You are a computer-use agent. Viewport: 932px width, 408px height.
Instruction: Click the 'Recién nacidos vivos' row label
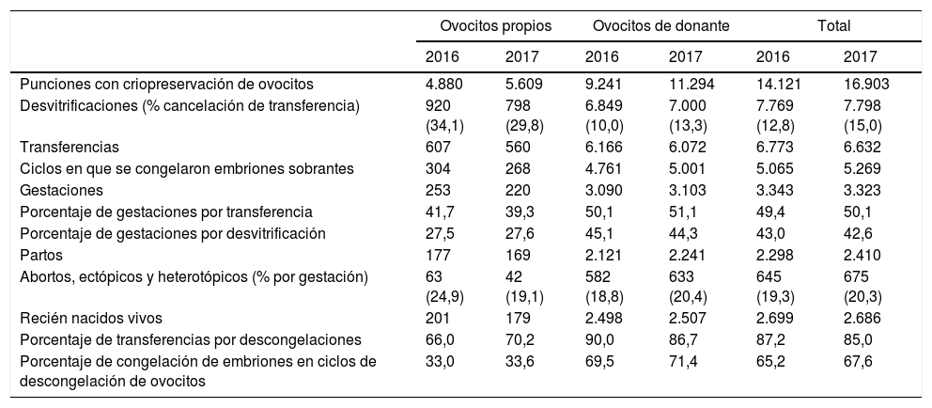[x=85, y=317]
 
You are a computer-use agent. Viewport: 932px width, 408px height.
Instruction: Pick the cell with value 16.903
[x=866, y=84]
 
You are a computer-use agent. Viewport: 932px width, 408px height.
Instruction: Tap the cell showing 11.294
[x=692, y=84]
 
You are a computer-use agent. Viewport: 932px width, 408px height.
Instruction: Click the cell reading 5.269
[x=862, y=168]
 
